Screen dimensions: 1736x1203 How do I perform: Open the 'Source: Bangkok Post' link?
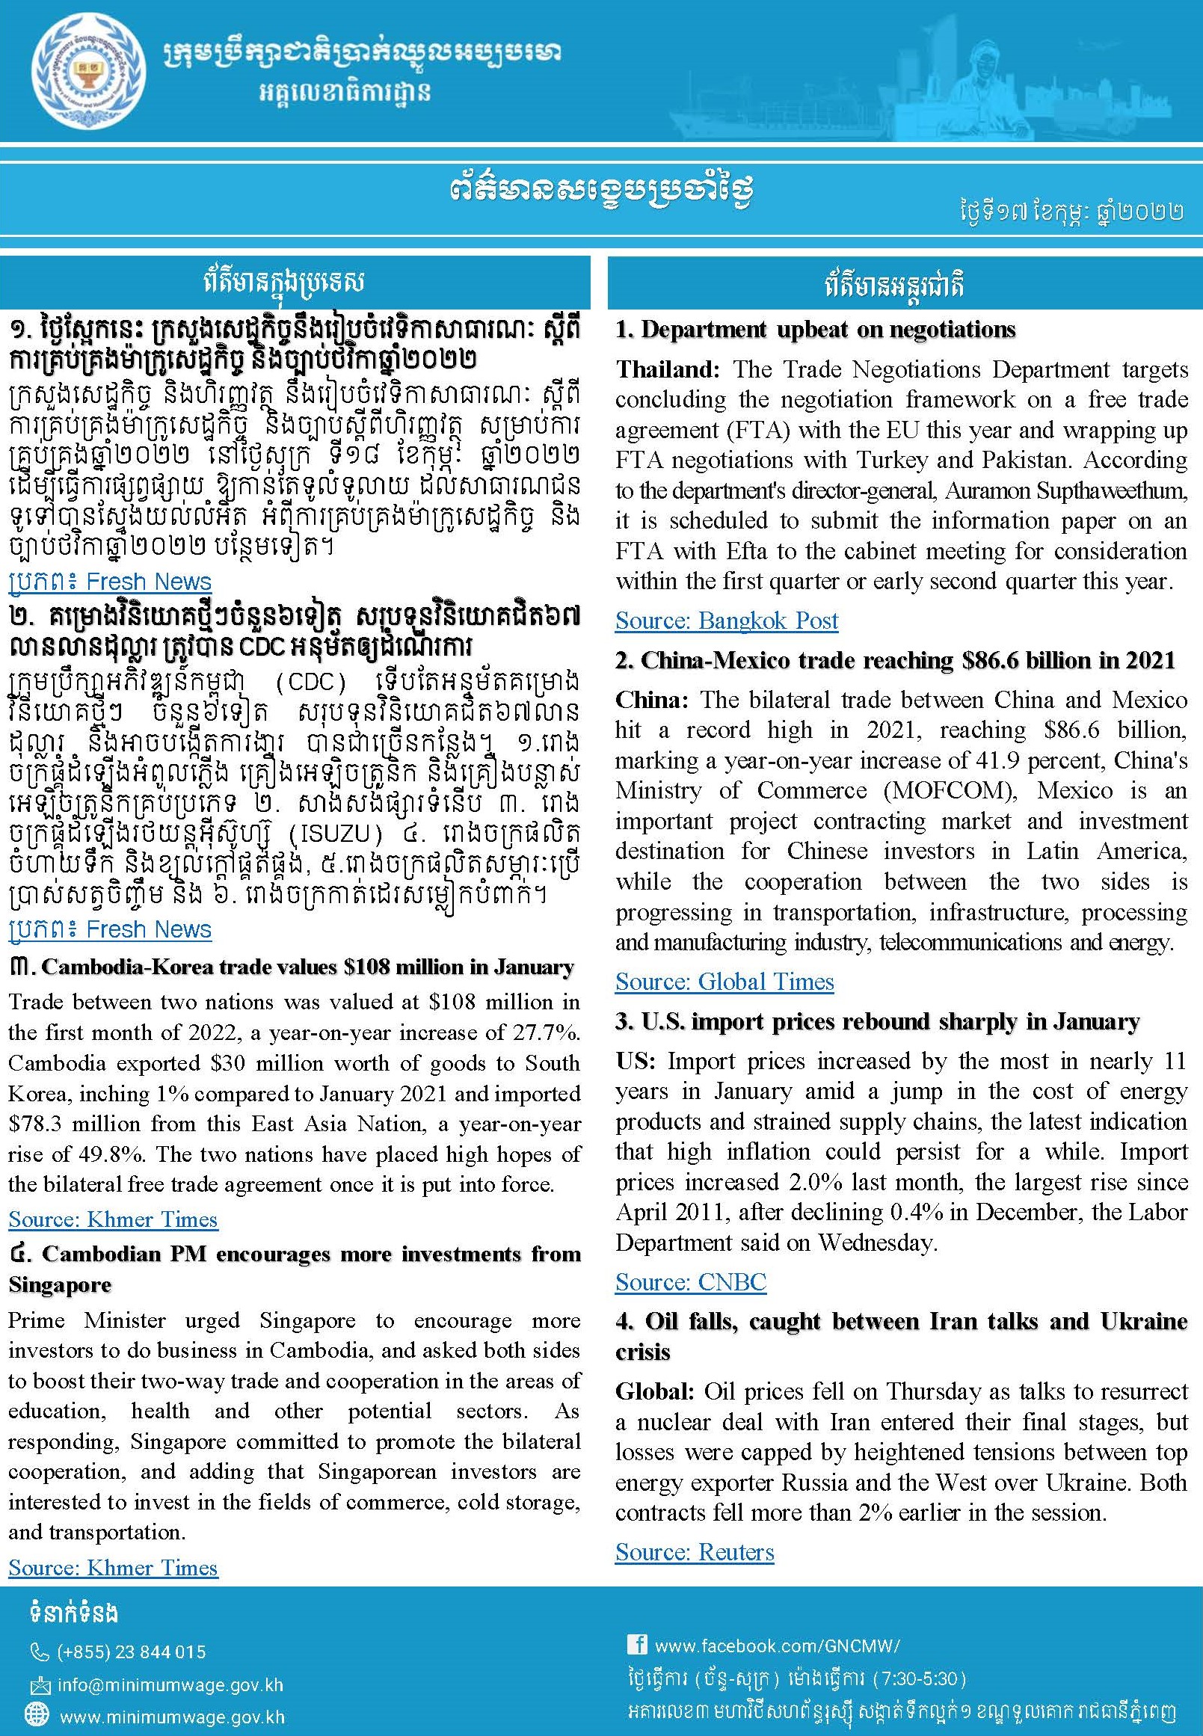[726, 621]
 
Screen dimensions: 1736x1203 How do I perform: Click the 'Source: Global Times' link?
[724, 982]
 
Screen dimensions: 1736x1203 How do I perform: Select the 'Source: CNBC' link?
[690, 1281]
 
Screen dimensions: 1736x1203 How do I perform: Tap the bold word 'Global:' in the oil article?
[655, 1391]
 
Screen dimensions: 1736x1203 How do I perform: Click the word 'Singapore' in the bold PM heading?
[60, 1285]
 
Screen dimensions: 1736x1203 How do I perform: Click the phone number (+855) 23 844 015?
[131, 1652]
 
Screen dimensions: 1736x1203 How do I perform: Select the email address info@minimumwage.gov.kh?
[170, 1684]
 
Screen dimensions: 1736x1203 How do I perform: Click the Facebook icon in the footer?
[637, 1644]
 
